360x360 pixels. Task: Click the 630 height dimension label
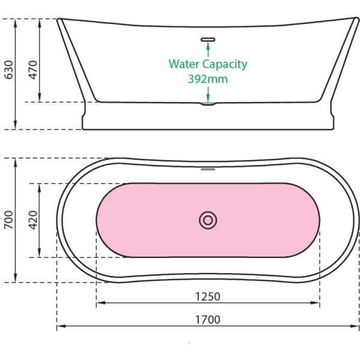[x=9, y=70]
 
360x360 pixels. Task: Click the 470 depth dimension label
[x=33, y=70]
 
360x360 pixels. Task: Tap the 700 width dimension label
[x=9, y=220]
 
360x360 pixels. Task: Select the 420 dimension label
[x=33, y=220]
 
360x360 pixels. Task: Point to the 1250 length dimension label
[x=208, y=296]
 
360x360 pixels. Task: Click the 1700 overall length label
[x=208, y=320]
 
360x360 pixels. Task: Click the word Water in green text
[x=184, y=64]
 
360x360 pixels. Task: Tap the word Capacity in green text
[x=225, y=64]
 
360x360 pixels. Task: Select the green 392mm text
[x=208, y=79]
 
